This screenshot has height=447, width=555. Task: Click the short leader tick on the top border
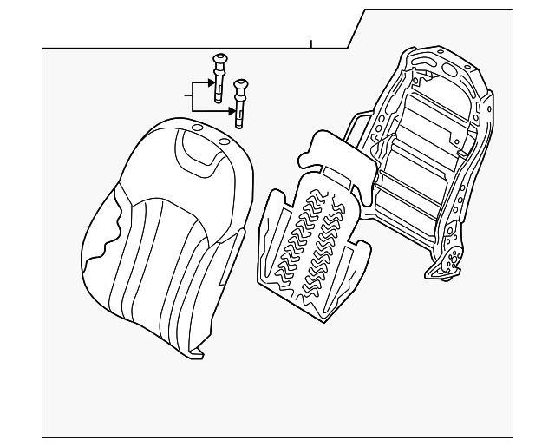coord(310,43)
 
